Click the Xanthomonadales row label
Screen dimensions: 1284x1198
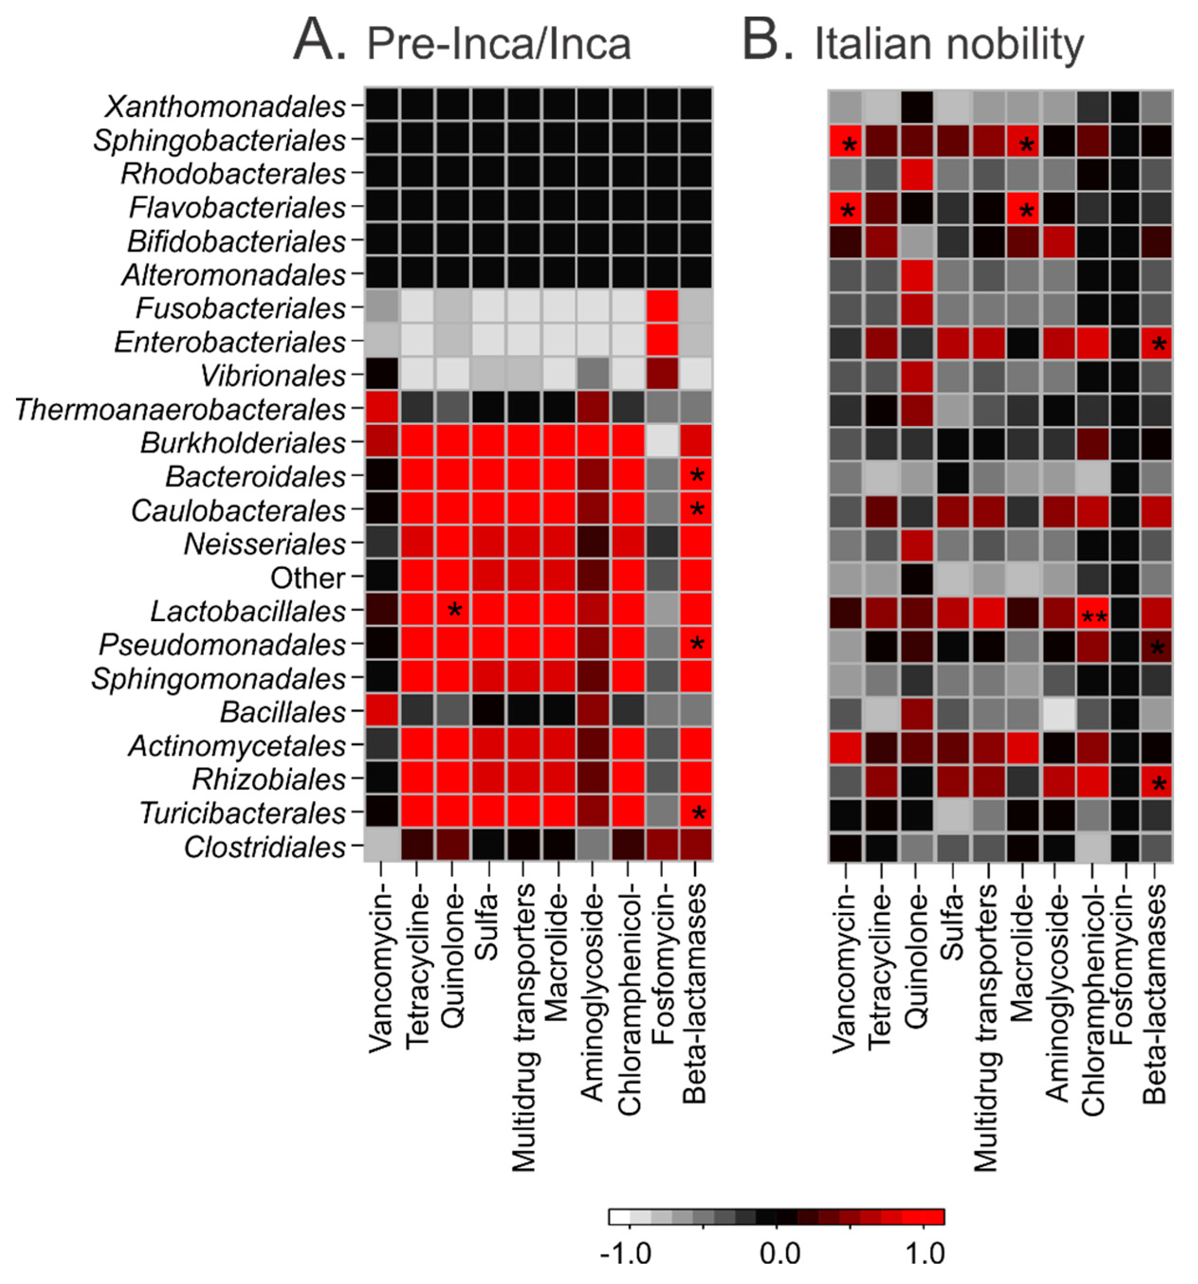pyautogui.click(x=225, y=107)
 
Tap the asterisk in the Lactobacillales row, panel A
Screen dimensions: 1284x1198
pyautogui.click(x=454, y=610)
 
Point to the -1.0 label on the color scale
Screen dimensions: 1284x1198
pyautogui.click(x=625, y=1254)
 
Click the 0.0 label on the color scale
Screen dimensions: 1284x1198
pyautogui.click(x=780, y=1254)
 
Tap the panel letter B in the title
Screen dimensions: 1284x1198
pyautogui.click(x=768, y=40)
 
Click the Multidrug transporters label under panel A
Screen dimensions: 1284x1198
pyautogui.click(x=524, y=1027)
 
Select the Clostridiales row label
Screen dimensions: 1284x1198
pyautogui.click(x=264, y=847)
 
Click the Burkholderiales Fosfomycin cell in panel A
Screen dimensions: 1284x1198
pyautogui.click(x=662, y=442)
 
